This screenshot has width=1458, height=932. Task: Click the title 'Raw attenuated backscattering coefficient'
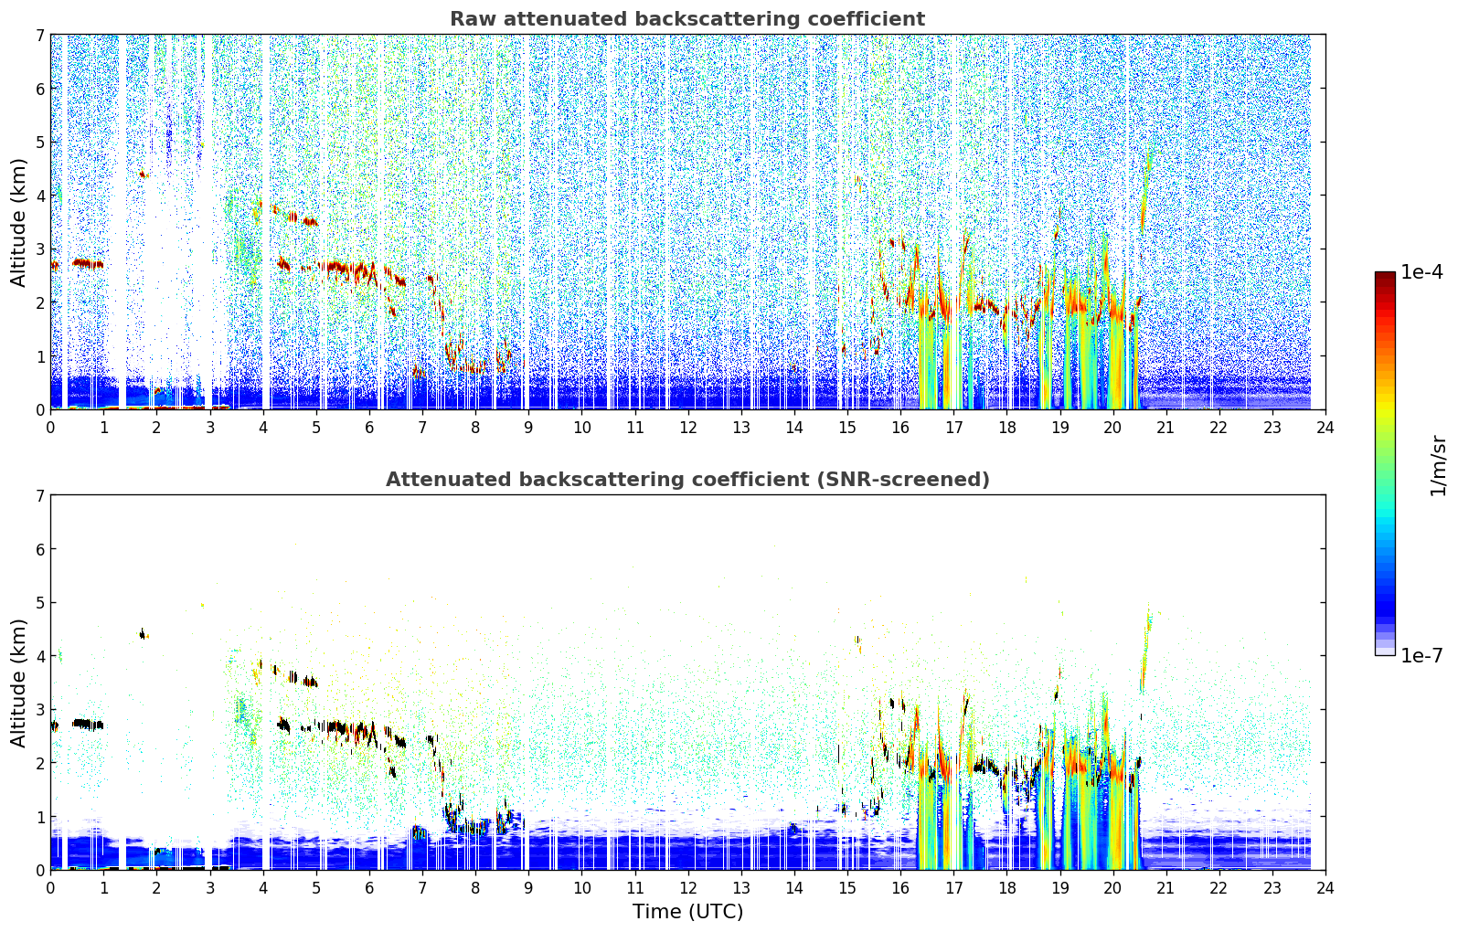coord(687,19)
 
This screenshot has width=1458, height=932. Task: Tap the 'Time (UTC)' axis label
coord(687,911)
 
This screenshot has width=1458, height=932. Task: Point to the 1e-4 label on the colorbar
coord(1421,272)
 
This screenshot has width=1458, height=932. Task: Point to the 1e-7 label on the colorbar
coord(1421,655)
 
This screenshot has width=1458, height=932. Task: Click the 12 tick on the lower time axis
coord(688,888)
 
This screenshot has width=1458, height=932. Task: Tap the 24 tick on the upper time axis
coord(1325,428)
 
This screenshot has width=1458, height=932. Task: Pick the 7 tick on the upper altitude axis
coord(40,35)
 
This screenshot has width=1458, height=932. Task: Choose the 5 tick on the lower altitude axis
coord(40,603)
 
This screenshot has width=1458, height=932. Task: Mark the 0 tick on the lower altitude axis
coord(40,870)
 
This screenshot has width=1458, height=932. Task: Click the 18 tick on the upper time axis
coord(1007,428)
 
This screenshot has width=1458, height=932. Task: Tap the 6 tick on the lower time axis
coord(369,888)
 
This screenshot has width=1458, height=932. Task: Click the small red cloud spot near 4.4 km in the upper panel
coord(144,175)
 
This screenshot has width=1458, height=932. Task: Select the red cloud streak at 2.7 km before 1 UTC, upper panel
coord(88,263)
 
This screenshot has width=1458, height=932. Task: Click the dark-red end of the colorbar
coord(1385,276)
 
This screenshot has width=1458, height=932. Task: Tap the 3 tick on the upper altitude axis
coord(40,249)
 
